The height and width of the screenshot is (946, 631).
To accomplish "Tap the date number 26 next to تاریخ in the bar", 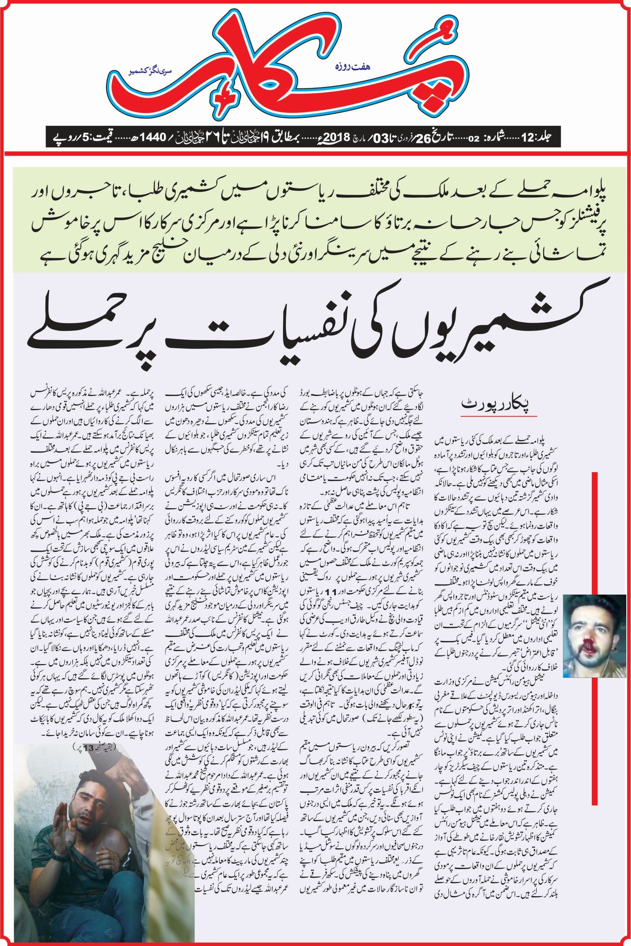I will pyautogui.click(x=429, y=137).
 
